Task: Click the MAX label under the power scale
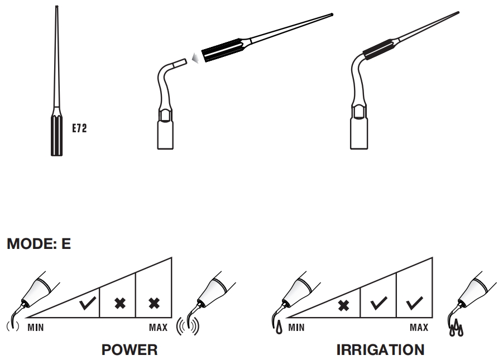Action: [x=158, y=327]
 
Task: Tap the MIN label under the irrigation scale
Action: [x=295, y=327]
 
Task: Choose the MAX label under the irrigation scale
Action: [x=419, y=327]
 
